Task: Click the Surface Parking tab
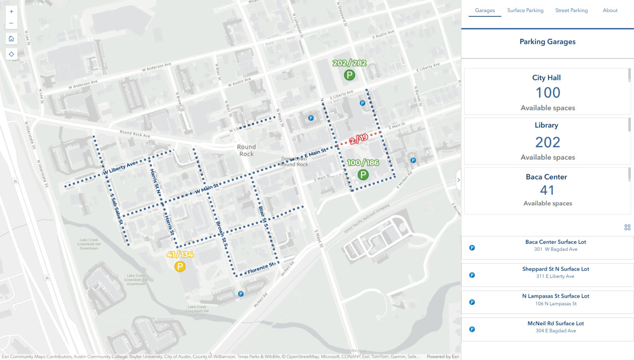click(525, 10)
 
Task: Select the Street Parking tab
click(571, 10)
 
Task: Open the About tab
click(610, 10)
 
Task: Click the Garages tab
click(485, 10)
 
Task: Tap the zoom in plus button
click(11, 12)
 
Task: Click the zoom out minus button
click(11, 23)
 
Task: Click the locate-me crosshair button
click(11, 54)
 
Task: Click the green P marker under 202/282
click(349, 75)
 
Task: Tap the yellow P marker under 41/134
click(180, 267)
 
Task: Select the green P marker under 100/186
click(363, 175)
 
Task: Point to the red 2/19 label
click(358, 139)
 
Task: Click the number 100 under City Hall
click(548, 92)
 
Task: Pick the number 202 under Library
click(548, 142)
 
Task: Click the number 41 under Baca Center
click(547, 190)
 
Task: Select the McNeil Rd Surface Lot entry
click(555, 324)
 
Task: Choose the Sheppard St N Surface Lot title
click(555, 269)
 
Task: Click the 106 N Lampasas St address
click(556, 304)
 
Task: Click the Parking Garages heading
click(547, 42)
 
